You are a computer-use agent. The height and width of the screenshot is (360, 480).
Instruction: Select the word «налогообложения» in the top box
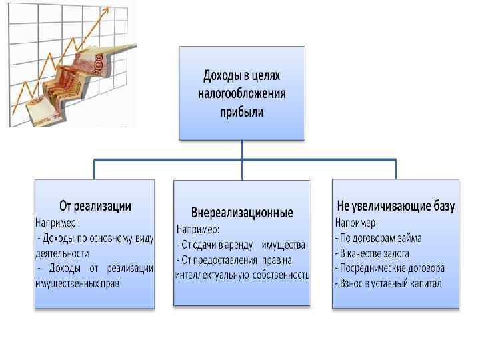(x=241, y=94)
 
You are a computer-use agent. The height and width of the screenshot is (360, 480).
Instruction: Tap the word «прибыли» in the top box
(x=241, y=111)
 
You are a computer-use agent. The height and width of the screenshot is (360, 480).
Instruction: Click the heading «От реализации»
(x=95, y=205)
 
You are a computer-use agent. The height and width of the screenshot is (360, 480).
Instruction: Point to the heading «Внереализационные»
(x=241, y=213)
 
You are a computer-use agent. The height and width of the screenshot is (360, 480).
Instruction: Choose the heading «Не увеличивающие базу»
(x=396, y=206)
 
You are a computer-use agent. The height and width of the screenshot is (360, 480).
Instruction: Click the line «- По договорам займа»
(x=377, y=237)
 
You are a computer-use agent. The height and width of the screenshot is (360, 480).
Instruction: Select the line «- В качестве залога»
(x=371, y=253)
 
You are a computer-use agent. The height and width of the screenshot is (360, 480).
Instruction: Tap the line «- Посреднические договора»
(x=389, y=269)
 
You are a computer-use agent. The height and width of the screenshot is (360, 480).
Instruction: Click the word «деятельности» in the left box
(x=61, y=253)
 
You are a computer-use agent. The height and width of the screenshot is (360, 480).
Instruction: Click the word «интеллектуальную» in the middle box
(x=212, y=274)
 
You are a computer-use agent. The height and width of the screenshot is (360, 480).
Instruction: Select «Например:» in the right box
(x=356, y=222)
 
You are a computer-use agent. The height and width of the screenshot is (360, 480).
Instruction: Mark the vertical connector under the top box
(x=242, y=150)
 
